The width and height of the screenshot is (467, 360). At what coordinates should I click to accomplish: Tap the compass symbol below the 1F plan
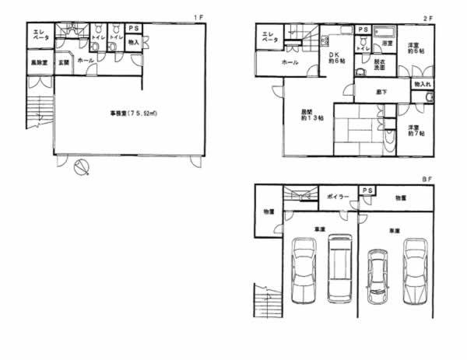pos(81,168)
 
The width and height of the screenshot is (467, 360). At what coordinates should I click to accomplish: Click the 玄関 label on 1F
pos(64,61)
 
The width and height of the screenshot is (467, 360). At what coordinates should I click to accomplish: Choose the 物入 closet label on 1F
pos(133,43)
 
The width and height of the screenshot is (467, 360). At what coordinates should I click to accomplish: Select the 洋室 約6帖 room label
pos(413,48)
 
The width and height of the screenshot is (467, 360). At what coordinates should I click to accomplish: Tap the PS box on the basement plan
pos(366,190)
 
